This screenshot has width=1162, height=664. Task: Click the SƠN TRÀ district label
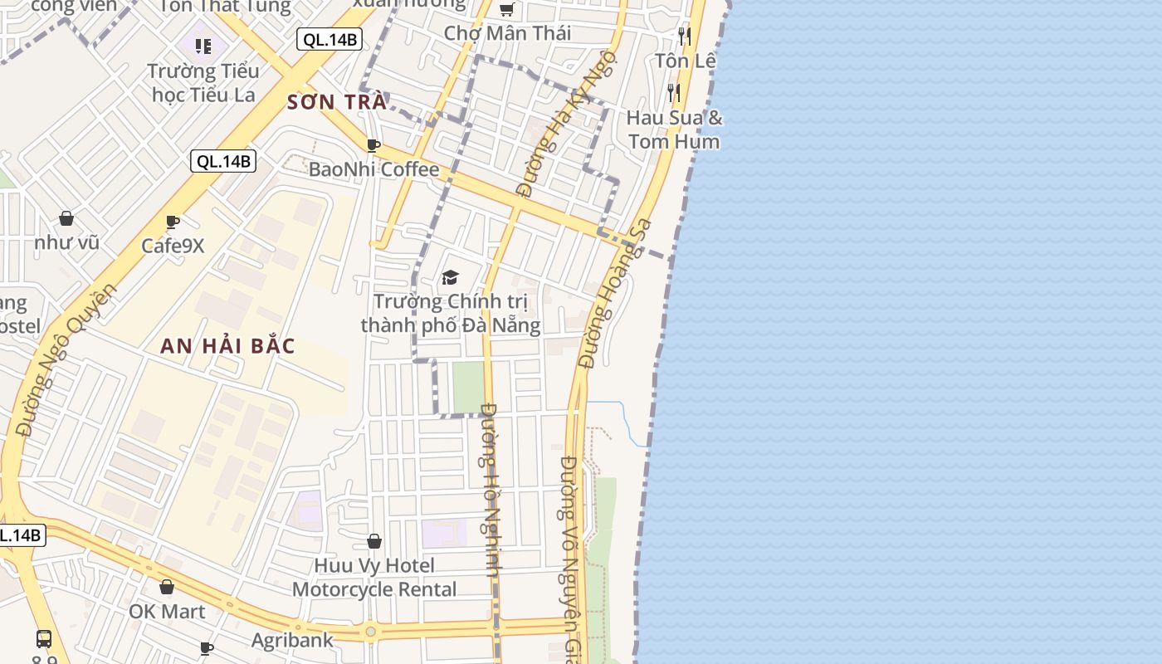(x=337, y=102)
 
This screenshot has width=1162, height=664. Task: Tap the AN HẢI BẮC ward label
(x=227, y=346)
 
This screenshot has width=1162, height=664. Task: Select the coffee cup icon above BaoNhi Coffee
(x=373, y=146)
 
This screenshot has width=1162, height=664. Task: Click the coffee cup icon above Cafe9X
(x=173, y=222)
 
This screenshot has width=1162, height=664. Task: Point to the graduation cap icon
(x=450, y=277)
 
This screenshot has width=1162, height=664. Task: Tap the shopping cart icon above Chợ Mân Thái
(x=506, y=10)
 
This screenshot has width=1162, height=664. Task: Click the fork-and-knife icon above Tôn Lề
(x=684, y=36)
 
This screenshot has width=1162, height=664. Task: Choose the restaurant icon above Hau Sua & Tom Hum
(x=674, y=92)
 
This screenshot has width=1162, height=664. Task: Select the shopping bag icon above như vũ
(x=66, y=218)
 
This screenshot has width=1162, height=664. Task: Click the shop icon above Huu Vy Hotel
(x=374, y=541)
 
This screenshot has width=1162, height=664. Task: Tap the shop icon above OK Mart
(x=167, y=587)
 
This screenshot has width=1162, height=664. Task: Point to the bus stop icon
(x=44, y=638)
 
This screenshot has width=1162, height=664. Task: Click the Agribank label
(x=292, y=640)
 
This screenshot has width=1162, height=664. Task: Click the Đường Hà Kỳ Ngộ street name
(x=568, y=124)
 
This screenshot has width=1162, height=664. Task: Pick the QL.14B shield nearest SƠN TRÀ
(x=330, y=39)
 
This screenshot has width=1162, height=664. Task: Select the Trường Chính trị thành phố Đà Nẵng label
(x=451, y=313)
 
